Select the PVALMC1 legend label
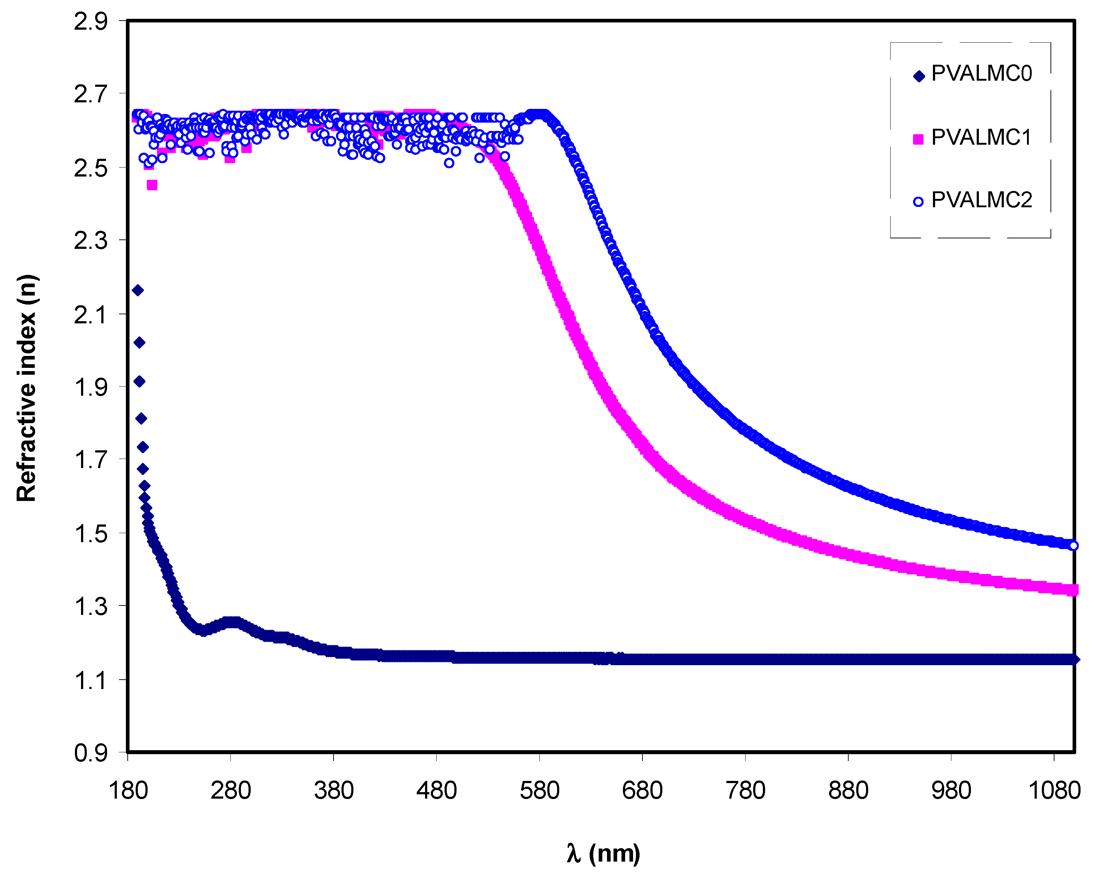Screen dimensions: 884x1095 click(981, 137)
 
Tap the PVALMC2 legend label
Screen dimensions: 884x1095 click(981, 200)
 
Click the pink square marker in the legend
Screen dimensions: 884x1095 click(918, 139)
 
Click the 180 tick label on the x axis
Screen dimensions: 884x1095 click(128, 791)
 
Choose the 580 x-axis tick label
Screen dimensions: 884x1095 click(539, 791)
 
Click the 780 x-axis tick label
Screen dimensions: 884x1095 click(745, 791)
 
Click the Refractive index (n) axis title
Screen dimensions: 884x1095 click(26, 388)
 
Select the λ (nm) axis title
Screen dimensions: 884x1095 click(603, 853)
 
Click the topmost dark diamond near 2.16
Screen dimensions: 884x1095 click(137, 290)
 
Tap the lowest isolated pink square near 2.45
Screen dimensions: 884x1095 click(152, 185)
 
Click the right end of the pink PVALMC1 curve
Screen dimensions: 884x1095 click(1073, 590)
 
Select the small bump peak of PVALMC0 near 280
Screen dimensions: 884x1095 click(232, 622)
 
